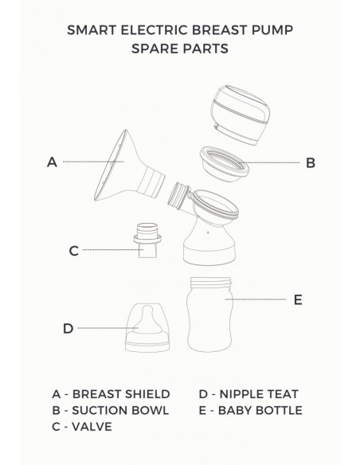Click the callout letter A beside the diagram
52,162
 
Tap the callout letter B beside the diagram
311,162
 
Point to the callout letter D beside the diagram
68,328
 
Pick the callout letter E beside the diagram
298,299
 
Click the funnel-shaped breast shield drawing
123,171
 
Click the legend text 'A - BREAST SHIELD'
110,393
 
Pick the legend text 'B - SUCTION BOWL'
110,410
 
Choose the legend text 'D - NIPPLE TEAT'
248,393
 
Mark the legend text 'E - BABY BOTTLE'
250,410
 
